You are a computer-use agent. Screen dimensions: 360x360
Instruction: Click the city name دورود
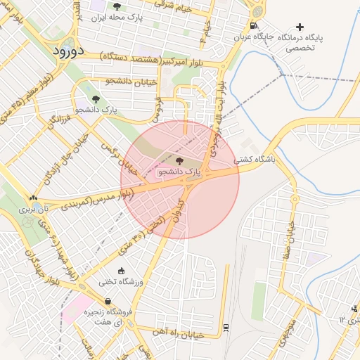coord(67,51)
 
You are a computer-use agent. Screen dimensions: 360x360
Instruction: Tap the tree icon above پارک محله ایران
coord(117,6)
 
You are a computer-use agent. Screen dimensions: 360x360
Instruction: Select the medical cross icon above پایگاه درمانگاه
coord(301,27)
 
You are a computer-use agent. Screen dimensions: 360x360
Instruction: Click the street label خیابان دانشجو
coord(130,82)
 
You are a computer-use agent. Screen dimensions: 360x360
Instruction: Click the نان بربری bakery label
coord(35,209)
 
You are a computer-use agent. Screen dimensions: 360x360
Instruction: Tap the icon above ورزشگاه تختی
coord(120,271)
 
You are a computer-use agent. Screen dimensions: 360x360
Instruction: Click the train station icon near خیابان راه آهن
coord(225,327)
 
